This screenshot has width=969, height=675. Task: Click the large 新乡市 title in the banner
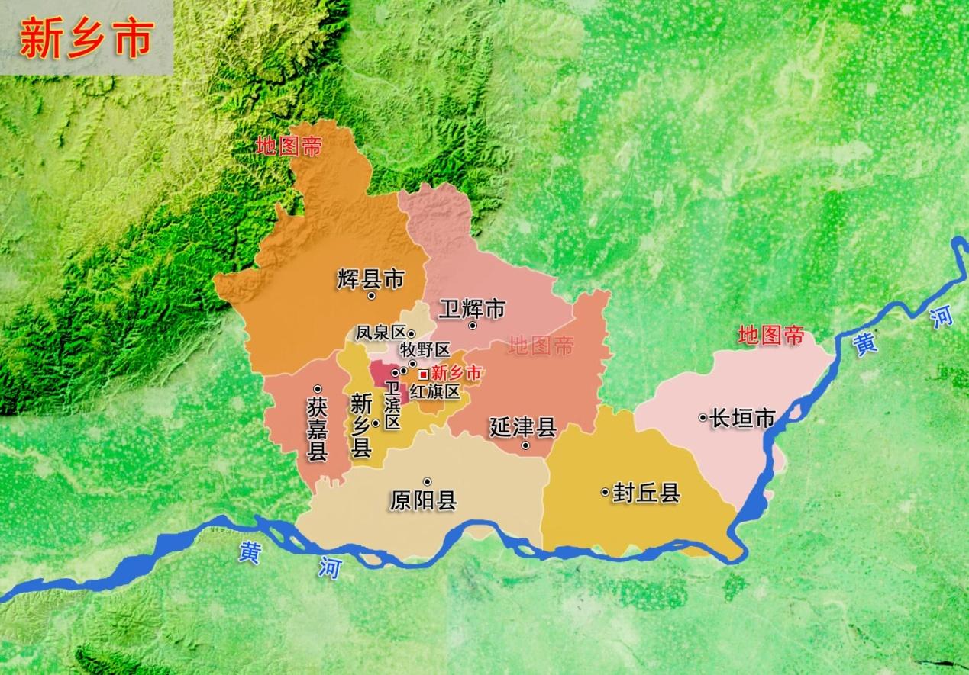tap(86, 38)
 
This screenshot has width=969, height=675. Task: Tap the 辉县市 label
tap(370, 278)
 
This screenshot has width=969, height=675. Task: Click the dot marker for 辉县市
tap(372, 295)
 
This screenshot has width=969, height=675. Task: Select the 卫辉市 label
tap(472, 309)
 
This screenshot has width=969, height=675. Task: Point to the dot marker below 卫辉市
tap(473, 326)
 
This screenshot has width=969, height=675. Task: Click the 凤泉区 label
tap(380, 333)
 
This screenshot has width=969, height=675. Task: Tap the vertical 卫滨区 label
tap(392, 404)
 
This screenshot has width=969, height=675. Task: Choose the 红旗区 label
tap(434, 392)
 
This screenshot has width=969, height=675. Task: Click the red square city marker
tap(423, 374)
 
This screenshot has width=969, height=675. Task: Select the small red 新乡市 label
tap(457, 374)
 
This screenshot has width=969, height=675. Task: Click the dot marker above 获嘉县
tap(318, 388)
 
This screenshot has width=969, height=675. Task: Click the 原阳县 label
tap(423, 500)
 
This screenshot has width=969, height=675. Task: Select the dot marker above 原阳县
tap(427, 481)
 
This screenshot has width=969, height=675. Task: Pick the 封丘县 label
tap(646, 493)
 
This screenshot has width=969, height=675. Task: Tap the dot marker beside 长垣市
tap(703, 417)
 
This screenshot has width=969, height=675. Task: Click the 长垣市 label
tap(742, 418)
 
